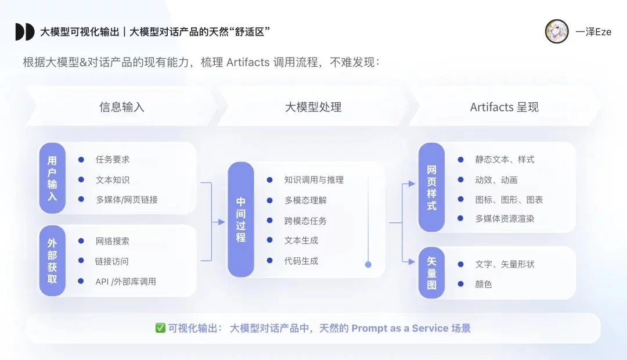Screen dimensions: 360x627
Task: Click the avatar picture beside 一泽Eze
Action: (557, 31)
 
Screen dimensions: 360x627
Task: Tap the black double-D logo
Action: (24, 32)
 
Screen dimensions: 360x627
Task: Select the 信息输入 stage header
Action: (121, 107)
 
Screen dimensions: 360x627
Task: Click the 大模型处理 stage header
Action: (313, 107)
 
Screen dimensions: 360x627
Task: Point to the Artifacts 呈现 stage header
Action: (504, 107)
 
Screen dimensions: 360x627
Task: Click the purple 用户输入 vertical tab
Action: (52, 178)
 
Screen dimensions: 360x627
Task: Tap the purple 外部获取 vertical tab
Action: (52, 261)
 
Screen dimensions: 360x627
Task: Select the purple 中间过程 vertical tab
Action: (241, 219)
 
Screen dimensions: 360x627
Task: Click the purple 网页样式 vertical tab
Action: (431, 188)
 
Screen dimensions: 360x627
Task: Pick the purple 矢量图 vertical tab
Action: (431, 272)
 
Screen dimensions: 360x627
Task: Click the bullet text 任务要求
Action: (113, 160)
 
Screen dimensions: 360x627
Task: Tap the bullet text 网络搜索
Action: (113, 241)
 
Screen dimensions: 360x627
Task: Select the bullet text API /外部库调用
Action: (125, 282)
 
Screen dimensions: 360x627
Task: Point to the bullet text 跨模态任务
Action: (305, 221)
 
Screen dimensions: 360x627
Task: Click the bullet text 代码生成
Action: (301, 261)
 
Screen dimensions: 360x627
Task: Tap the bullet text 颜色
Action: (484, 285)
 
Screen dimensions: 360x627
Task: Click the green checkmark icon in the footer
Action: (161, 328)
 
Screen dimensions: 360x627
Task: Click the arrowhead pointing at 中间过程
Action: (221, 221)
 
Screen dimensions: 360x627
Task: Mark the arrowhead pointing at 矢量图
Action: (412, 263)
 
